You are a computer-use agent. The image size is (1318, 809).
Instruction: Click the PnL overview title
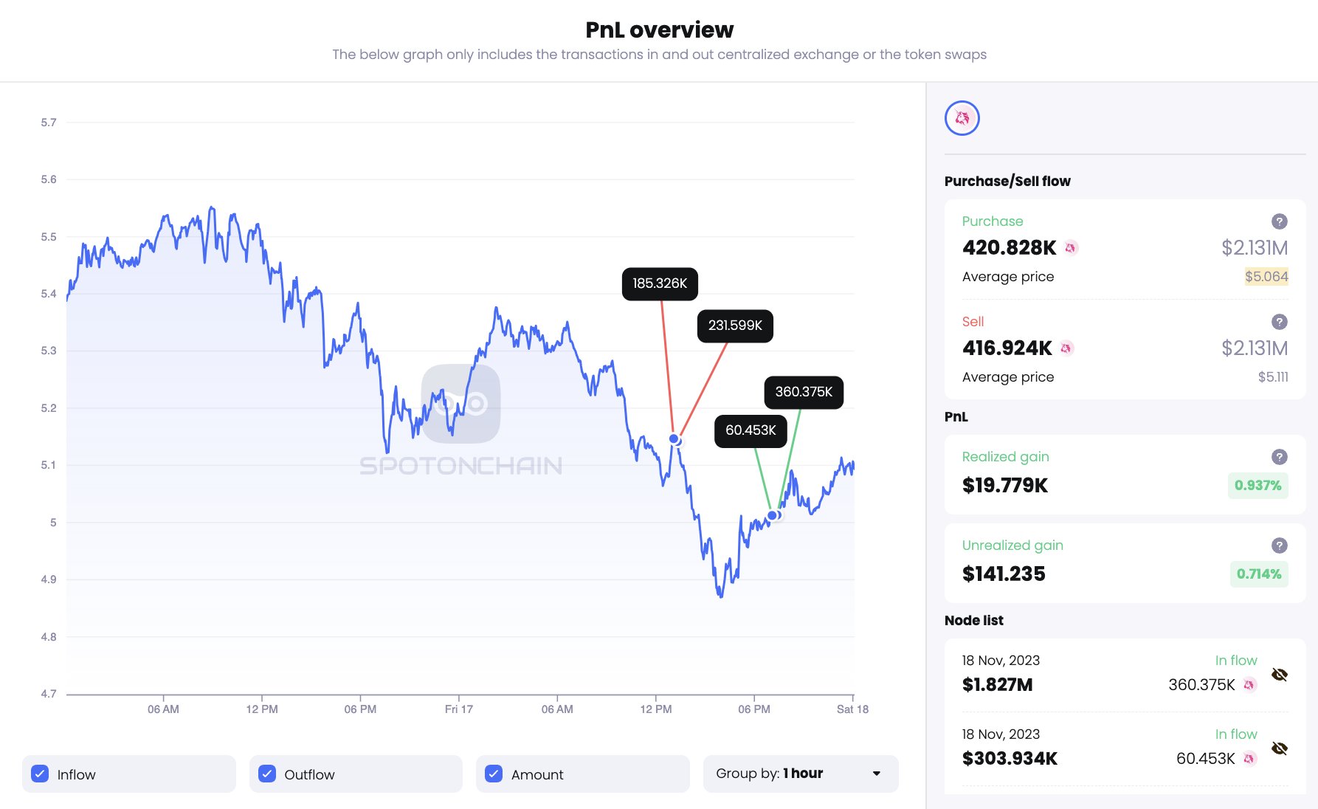659,30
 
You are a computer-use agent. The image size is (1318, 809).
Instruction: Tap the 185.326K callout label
660,283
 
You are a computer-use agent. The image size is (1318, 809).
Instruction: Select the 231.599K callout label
735,326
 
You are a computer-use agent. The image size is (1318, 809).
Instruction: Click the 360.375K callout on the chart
804,392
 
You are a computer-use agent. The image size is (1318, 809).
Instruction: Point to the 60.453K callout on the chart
751,430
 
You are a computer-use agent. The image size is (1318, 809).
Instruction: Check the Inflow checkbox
40,774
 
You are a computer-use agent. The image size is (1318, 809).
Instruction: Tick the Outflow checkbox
267,774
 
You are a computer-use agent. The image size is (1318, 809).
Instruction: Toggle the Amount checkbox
494,774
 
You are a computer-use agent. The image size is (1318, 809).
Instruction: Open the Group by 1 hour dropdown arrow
877,774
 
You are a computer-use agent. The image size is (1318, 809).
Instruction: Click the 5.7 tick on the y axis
49,123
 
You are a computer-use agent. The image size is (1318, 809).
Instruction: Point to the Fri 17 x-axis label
458,709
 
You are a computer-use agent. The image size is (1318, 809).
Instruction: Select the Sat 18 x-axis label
852,709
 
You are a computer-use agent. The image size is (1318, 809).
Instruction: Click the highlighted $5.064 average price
1266,277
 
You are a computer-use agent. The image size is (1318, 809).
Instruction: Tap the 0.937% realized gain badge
1257,486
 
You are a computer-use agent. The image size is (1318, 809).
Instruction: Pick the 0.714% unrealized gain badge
1259,574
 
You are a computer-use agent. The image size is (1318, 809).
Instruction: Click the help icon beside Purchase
1280,221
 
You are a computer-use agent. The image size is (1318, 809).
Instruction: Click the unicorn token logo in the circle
962,118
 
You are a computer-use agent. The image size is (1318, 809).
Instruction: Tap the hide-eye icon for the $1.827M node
1280,675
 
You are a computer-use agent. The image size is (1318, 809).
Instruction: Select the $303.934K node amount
1010,759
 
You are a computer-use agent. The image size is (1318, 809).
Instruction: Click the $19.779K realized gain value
1005,486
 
